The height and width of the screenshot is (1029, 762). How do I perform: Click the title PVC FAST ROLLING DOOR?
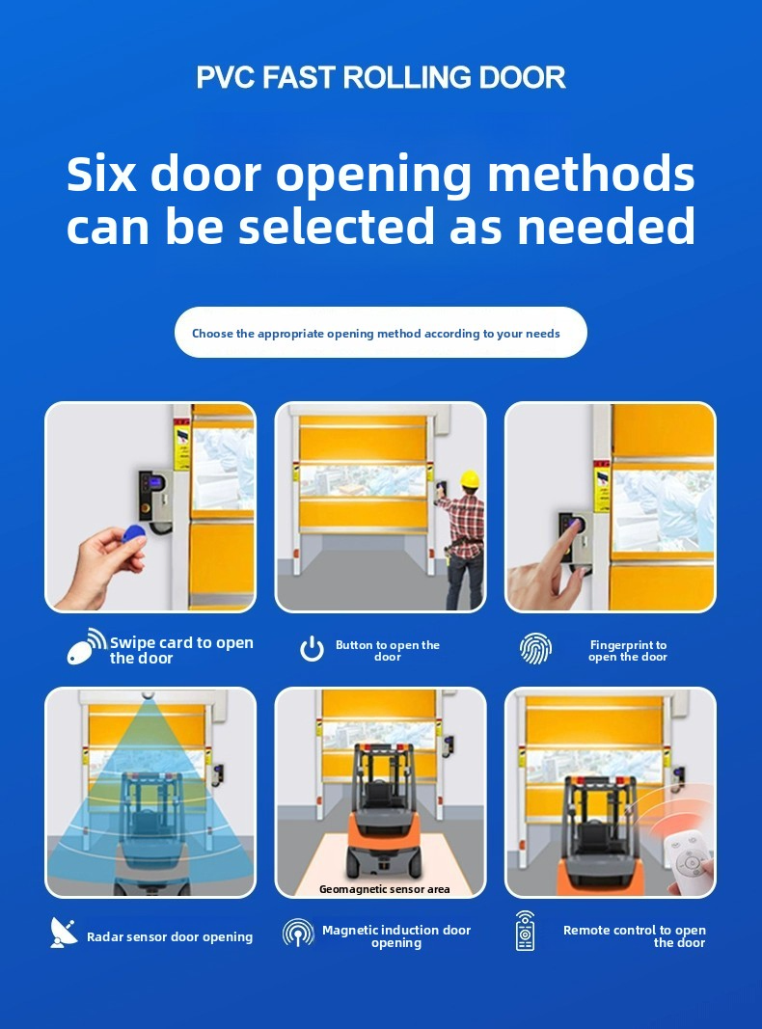(381, 77)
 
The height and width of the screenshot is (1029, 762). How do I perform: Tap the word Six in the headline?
(101, 174)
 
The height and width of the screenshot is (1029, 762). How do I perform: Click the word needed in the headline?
(606, 226)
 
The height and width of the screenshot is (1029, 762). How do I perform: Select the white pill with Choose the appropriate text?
(381, 333)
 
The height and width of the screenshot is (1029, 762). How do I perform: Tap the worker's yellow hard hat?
(470, 479)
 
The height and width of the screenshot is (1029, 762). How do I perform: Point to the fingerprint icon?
(535, 649)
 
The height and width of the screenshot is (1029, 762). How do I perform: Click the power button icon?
(312, 648)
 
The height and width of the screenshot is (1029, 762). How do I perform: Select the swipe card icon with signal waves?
(87, 646)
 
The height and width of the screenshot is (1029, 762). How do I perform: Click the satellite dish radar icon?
(63, 933)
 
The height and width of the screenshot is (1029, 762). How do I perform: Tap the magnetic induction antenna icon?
(299, 932)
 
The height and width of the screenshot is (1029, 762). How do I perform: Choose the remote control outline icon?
(525, 931)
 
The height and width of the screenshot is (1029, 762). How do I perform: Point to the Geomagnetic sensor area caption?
(385, 889)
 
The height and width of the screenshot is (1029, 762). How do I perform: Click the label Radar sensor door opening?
(170, 936)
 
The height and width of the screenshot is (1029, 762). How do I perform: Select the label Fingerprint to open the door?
(628, 650)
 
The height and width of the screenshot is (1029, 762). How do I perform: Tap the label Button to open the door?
(388, 650)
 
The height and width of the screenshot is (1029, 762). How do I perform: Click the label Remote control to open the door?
(634, 935)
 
